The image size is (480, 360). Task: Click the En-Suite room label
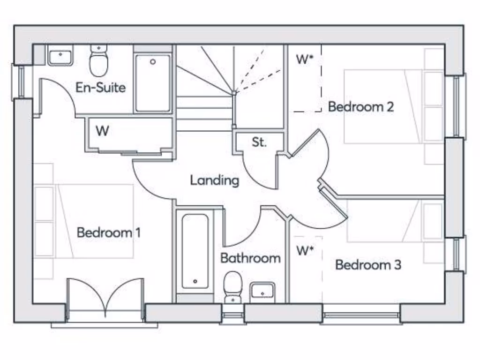tap(100, 88)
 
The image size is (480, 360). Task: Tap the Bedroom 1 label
tap(108, 232)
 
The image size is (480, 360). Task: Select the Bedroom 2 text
tap(360, 107)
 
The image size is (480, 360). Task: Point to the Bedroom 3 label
tap(368, 265)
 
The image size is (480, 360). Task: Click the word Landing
tap(214, 180)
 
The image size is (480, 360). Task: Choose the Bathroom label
tap(250, 258)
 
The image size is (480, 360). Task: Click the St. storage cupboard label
tap(259, 142)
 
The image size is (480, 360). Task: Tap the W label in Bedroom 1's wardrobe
tap(102, 131)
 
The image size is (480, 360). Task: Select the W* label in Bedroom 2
tap(304, 60)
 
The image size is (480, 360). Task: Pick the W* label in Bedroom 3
tap(304, 251)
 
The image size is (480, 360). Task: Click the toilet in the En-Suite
tap(98, 62)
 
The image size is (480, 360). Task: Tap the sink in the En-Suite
tap(60, 56)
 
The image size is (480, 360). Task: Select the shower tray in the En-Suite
tap(153, 83)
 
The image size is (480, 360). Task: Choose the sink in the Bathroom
tap(262, 291)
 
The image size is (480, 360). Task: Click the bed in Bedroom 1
tap(94, 221)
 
